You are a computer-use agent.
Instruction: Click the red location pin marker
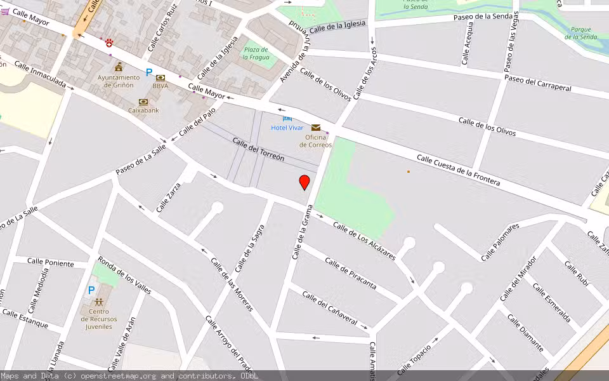(304, 182)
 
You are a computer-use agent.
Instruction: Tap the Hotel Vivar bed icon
(287, 118)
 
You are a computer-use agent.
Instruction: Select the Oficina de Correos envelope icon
(315, 128)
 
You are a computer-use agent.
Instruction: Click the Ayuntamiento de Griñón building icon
(119, 67)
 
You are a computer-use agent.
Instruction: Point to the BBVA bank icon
(160, 77)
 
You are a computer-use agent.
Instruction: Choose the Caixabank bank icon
(143, 102)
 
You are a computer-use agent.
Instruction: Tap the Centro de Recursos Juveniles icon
(99, 302)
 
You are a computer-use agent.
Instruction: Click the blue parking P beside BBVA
(149, 73)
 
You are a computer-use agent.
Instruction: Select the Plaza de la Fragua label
(256, 53)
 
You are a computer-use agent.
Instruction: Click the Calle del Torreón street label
(258, 149)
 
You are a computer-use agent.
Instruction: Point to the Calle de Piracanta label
(350, 273)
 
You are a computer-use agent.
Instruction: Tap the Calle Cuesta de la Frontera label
(458, 170)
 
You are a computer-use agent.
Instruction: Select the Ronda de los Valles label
(124, 277)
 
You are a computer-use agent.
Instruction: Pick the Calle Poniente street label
(51, 263)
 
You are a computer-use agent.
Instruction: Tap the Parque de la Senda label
(581, 33)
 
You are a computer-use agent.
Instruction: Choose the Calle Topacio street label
(415, 358)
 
